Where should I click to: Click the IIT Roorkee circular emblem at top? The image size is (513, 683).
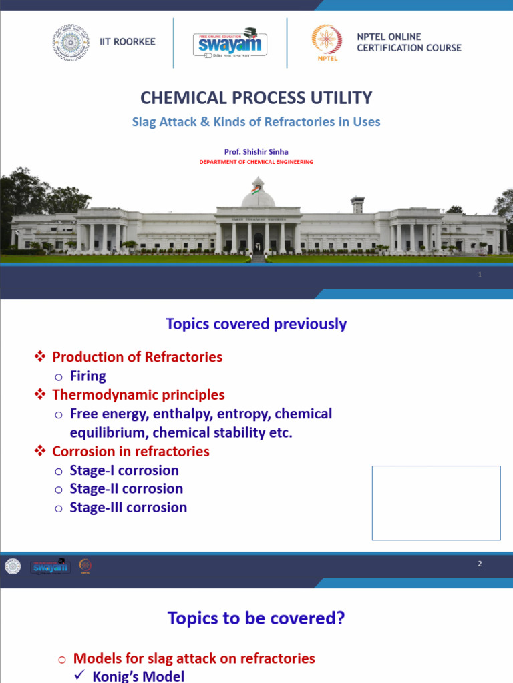click(70, 42)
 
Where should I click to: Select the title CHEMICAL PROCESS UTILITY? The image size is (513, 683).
click(256, 98)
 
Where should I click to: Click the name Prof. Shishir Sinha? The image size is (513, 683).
click(256, 152)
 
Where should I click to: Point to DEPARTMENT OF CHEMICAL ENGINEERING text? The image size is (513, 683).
click(256, 162)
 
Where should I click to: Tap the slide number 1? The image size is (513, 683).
click(480, 275)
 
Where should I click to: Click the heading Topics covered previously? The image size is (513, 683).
click(256, 324)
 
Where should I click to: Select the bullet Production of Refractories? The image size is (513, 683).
click(137, 357)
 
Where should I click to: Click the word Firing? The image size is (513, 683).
click(88, 376)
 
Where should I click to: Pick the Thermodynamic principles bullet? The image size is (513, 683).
click(138, 395)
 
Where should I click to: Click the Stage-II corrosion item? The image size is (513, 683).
click(126, 488)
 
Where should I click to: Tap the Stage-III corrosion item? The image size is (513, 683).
click(128, 508)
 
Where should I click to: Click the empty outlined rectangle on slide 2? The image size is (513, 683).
click(436, 502)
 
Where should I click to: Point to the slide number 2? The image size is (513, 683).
click(480, 564)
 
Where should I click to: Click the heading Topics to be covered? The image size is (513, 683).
click(256, 618)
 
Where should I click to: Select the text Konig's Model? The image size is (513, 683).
click(138, 676)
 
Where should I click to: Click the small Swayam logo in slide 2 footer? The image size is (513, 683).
click(49, 567)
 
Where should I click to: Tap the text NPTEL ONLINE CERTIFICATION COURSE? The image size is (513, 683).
click(409, 42)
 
